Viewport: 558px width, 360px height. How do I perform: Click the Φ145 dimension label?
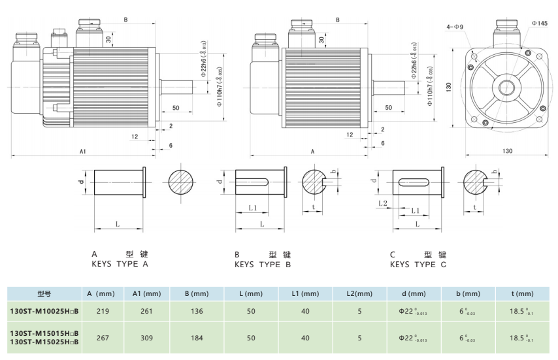(539, 23)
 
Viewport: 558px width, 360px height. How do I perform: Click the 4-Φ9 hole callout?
(455, 27)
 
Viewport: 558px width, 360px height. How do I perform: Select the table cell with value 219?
(103, 312)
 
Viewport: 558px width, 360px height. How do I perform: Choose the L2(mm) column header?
(359, 294)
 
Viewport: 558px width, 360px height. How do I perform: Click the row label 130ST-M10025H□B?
(44, 312)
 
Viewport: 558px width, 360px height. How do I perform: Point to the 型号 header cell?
(44, 294)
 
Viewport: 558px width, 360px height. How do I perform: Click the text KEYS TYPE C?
(418, 265)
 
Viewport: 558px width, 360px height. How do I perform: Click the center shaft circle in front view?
(507, 86)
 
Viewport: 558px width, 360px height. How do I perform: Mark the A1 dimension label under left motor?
(83, 151)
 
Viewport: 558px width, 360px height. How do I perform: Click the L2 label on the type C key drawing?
(383, 204)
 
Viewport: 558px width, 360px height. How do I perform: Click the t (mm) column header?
(521, 294)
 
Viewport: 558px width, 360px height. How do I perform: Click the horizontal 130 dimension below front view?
(508, 151)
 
